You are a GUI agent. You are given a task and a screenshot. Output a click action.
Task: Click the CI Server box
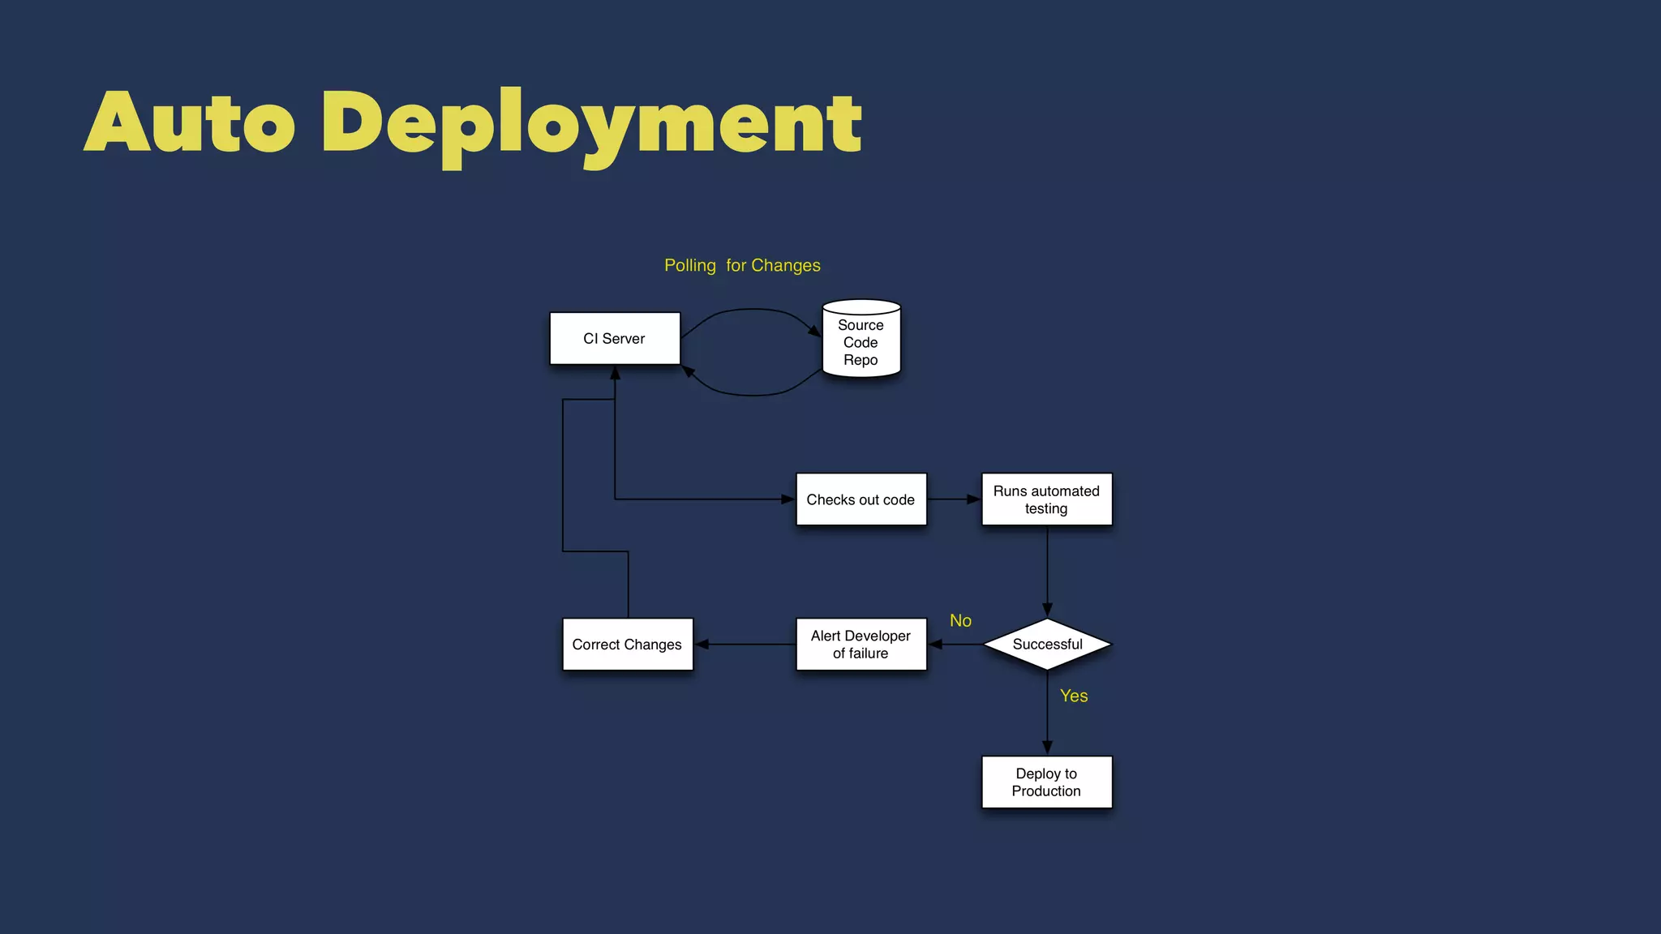(615, 338)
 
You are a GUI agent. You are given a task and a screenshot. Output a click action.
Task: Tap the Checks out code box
(861, 499)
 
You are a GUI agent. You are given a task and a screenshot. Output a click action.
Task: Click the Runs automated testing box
(1046, 499)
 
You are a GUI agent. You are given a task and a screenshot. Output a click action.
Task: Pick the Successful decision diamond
(1047, 645)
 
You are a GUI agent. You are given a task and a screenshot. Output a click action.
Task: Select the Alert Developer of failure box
(861, 645)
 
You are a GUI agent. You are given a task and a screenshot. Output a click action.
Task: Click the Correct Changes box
(628, 645)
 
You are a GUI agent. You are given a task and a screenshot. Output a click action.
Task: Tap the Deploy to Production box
(1046, 782)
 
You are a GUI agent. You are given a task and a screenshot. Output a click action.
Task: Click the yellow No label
(960, 621)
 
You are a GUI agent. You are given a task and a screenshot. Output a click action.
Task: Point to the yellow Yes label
(1074, 696)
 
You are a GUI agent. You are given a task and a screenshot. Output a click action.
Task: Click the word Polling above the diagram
(690, 266)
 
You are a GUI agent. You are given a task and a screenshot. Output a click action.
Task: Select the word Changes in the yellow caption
(785, 266)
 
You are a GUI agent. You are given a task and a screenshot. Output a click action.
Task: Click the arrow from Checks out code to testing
(954, 499)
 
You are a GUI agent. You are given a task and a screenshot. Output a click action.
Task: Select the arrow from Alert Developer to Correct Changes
(745, 645)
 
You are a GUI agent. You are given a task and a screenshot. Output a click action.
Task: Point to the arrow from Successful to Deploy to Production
(1047, 713)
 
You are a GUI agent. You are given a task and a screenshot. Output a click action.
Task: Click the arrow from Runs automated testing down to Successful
(1047, 572)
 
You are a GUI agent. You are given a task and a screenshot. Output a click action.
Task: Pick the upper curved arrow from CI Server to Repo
(753, 309)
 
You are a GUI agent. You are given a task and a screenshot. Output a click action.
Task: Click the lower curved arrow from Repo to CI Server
(753, 395)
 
